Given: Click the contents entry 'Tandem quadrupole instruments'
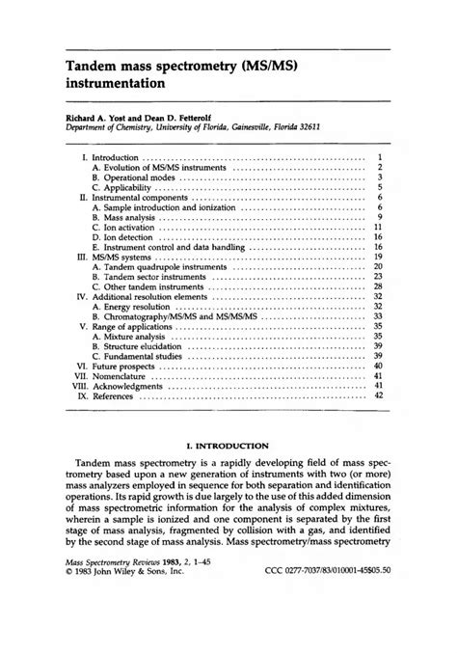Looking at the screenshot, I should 159,266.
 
